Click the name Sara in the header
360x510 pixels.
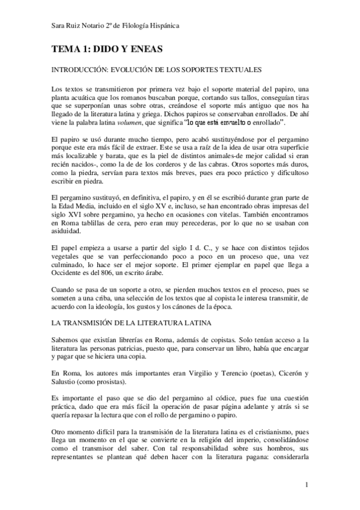pyautogui.click(x=59, y=26)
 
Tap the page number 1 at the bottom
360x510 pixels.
pyautogui.click(x=307, y=484)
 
